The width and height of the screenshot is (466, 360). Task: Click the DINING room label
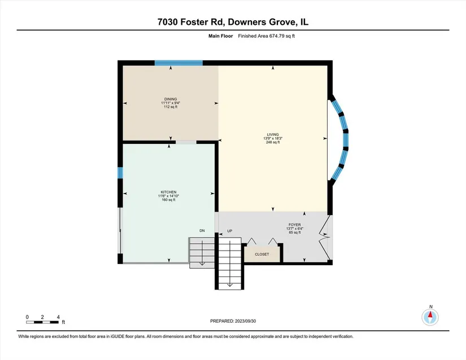coord(171,99)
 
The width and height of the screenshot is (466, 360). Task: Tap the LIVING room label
coord(273,134)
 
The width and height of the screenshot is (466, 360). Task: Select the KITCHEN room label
coord(168,192)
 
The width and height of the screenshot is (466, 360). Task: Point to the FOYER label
coord(294,225)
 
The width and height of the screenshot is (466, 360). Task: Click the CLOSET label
coord(262,254)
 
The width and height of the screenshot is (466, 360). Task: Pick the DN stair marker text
coord(202,231)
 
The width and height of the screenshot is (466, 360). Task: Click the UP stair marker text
coord(230,231)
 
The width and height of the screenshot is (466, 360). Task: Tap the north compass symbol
coord(430,317)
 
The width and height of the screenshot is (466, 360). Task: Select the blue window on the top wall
coord(178,63)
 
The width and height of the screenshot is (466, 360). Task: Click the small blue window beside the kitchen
coord(120,173)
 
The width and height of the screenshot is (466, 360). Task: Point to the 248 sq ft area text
coord(273,142)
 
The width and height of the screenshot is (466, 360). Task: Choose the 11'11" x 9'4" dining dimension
coord(171,103)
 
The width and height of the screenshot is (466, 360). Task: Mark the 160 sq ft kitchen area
coord(168,200)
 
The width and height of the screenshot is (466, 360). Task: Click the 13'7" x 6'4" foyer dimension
coord(294,229)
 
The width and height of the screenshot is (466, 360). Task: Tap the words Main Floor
coord(220,36)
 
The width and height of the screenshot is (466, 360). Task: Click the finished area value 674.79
coord(277,36)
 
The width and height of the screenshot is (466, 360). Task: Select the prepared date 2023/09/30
coord(245,321)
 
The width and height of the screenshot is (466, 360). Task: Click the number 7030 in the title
coord(168,22)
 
